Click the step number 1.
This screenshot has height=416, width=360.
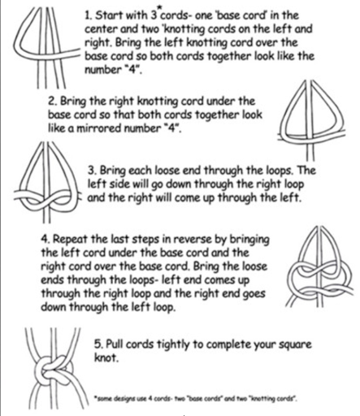(x=88, y=15)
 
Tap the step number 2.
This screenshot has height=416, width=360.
(x=52, y=102)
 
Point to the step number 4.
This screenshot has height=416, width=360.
(x=46, y=240)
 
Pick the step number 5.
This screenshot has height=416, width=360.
(x=98, y=344)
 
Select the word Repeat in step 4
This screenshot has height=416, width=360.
(x=70, y=240)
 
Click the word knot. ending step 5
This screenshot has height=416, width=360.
(x=106, y=358)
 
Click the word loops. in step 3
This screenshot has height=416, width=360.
(x=281, y=171)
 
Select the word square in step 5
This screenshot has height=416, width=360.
(x=294, y=345)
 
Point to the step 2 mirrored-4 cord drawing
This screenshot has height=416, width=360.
(x=311, y=120)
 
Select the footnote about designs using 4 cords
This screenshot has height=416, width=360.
(x=196, y=399)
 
